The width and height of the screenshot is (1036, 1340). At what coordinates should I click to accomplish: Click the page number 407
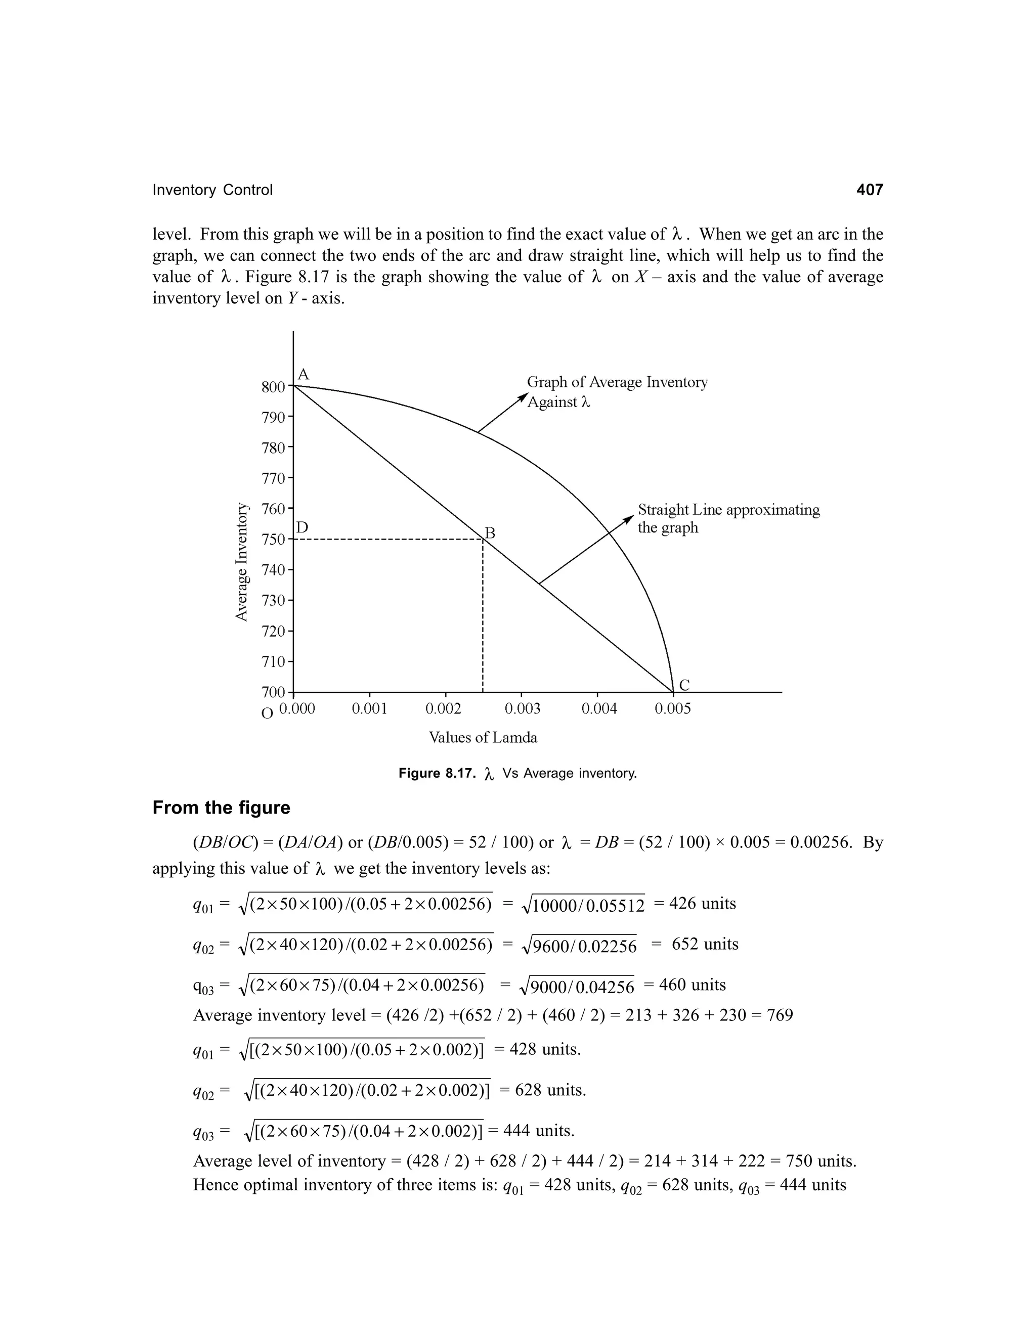869,190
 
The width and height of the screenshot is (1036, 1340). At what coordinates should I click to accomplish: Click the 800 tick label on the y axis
273,387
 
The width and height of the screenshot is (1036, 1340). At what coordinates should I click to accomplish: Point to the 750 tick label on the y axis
273,540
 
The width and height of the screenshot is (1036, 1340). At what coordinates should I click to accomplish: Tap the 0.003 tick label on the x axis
522,709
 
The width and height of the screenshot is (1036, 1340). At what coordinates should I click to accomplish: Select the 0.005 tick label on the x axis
673,709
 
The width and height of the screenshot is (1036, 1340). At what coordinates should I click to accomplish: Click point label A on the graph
303,374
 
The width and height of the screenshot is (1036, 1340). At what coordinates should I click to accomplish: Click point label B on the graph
490,532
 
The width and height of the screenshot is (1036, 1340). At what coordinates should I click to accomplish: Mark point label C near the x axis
684,685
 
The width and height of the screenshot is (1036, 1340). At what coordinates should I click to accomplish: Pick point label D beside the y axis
302,527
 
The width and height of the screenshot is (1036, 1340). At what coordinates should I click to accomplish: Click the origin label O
267,713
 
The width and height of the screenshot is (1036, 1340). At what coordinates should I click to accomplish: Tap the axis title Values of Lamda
483,737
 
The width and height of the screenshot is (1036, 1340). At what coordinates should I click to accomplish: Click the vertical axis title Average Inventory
243,561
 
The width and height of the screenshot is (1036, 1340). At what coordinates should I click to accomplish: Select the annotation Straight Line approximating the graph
728,518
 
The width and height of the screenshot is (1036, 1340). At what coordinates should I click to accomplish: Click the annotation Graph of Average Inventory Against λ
616,391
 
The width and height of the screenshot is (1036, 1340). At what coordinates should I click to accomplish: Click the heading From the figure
221,808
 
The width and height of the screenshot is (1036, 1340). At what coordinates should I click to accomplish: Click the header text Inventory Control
212,190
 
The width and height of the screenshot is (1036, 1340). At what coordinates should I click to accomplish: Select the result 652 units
705,944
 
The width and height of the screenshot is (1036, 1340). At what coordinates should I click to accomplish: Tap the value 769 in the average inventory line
781,1015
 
